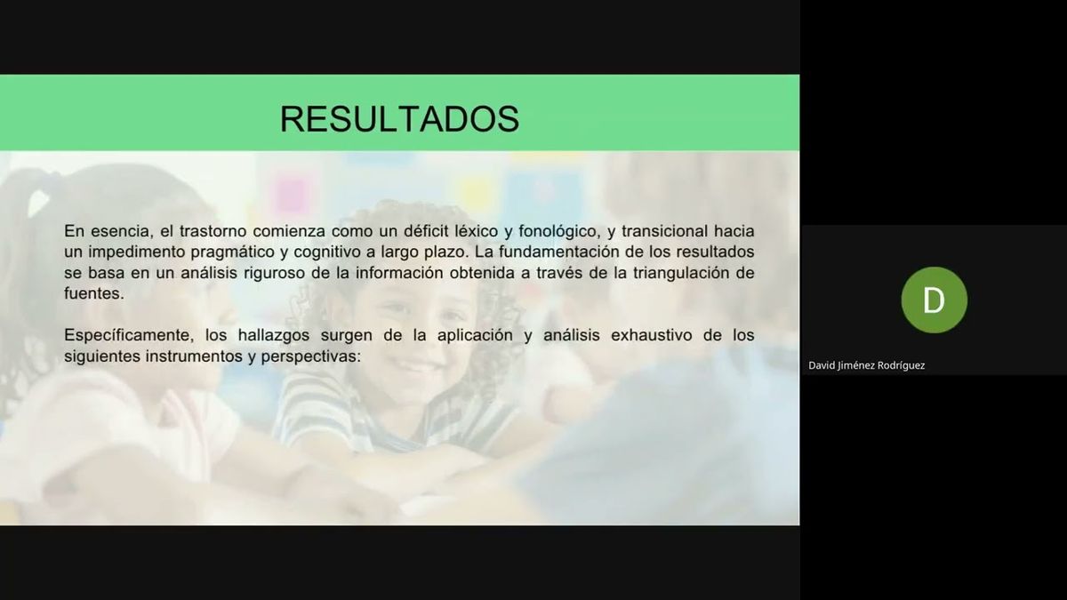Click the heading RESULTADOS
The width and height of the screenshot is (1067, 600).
tap(399, 118)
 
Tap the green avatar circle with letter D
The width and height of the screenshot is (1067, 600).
tap(934, 300)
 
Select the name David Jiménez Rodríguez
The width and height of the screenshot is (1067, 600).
tap(866, 365)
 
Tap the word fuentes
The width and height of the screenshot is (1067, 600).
tap(92, 293)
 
